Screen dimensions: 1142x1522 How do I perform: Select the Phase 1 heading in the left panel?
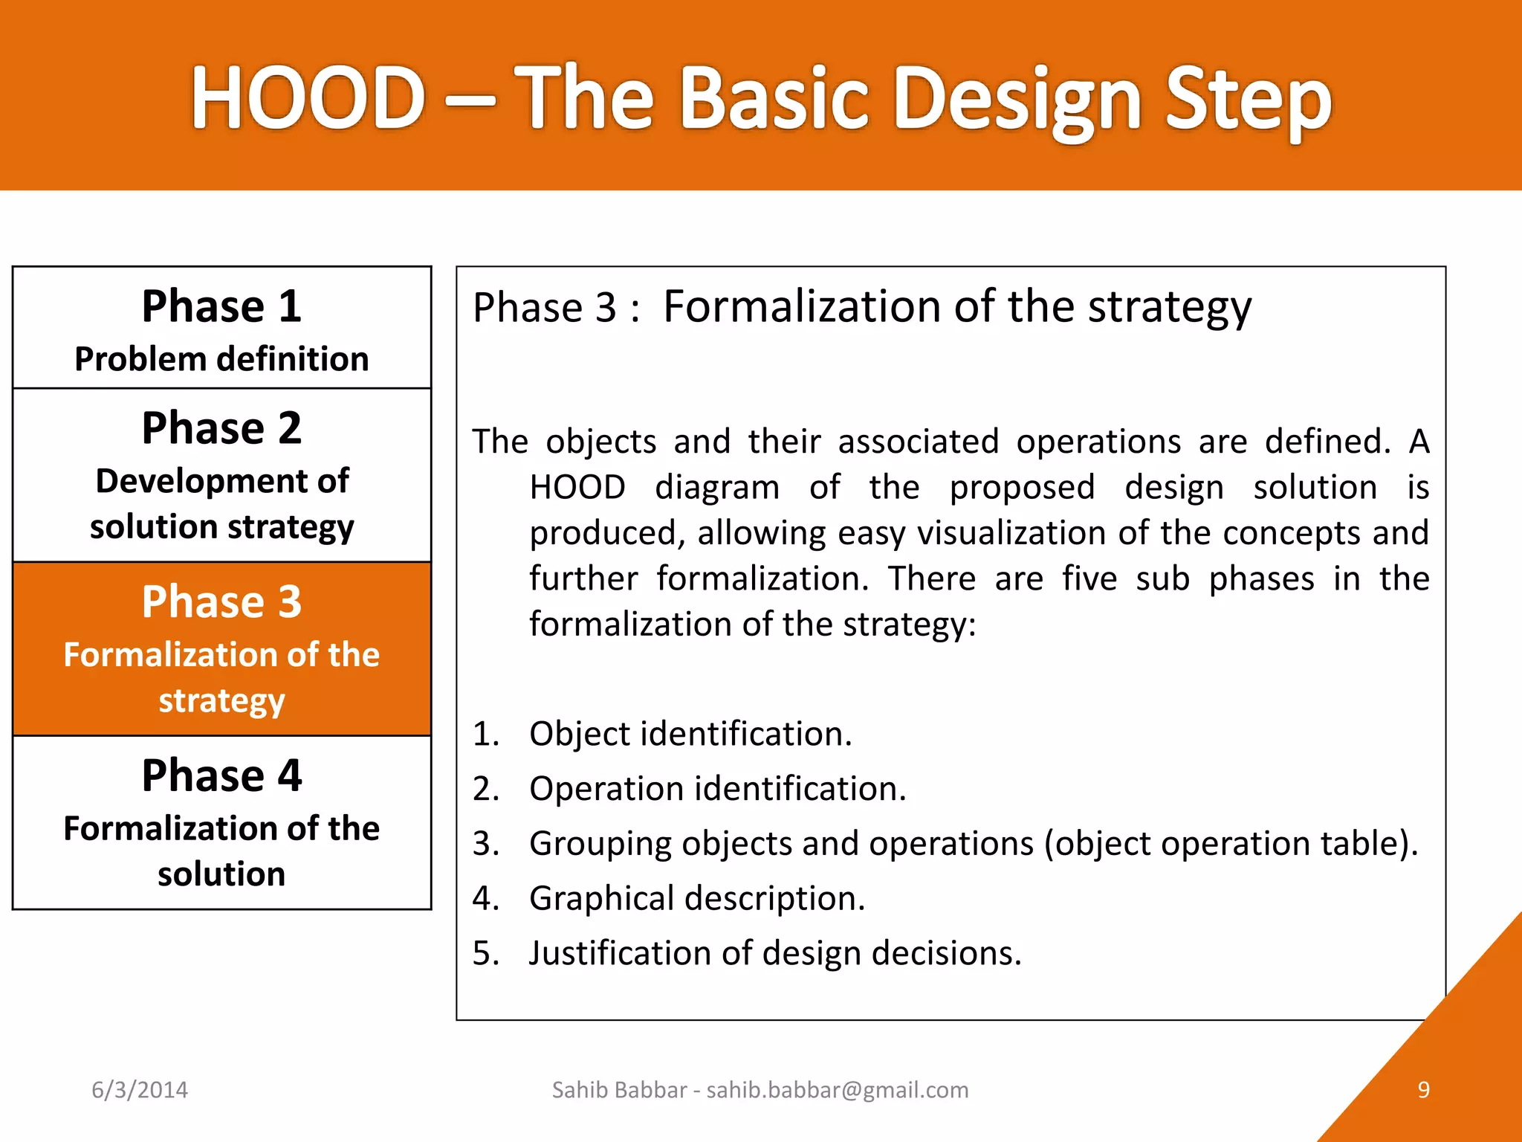(221, 306)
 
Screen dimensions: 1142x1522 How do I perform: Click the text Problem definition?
(221, 359)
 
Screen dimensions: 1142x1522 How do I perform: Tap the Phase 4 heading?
(221, 775)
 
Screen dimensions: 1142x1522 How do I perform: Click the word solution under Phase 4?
(221, 874)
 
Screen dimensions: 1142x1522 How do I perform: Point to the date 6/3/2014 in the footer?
(140, 1090)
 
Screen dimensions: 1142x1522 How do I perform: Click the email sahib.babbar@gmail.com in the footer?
(838, 1090)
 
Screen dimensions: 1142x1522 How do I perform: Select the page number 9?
(1423, 1090)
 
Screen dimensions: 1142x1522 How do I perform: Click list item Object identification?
(690, 734)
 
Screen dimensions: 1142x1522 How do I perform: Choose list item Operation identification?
(717, 789)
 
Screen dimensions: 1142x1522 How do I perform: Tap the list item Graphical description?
(696, 898)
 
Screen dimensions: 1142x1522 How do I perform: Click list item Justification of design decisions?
(774, 953)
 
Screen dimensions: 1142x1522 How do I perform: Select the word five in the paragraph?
(1089, 578)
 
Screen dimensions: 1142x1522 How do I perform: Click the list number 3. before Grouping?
(486, 844)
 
